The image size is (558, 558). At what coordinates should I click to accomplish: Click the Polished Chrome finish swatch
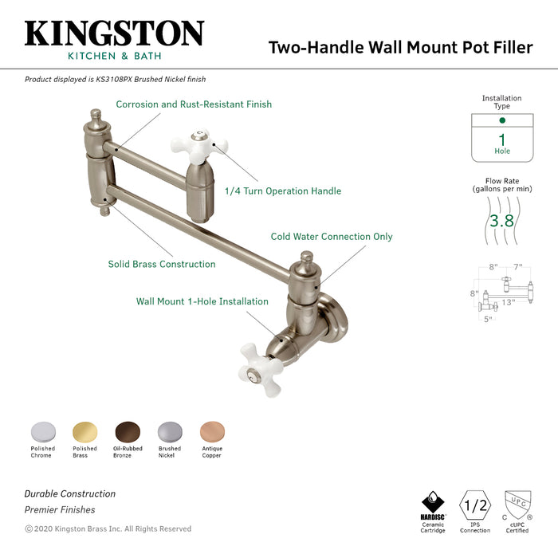(42, 431)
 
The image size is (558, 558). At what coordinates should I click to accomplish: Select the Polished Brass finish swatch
(84, 431)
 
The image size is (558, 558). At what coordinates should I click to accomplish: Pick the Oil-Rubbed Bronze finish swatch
(127, 431)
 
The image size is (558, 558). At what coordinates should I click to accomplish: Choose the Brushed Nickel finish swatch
(169, 431)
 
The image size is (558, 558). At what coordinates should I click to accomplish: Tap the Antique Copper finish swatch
(212, 431)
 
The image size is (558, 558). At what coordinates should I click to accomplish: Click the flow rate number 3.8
(501, 221)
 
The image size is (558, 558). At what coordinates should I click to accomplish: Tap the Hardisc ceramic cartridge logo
(433, 504)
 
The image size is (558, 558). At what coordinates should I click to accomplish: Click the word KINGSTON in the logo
(114, 33)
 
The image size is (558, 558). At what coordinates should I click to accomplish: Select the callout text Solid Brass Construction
(162, 264)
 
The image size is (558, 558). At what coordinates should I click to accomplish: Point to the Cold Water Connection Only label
(332, 237)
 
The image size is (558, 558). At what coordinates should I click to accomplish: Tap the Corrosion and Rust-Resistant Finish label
(194, 104)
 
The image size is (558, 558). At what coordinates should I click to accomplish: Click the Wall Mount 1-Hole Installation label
(202, 301)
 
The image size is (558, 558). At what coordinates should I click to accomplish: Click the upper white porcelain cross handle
(195, 144)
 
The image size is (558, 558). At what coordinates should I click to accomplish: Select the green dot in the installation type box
(502, 120)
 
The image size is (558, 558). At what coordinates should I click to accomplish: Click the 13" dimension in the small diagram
(508, 301)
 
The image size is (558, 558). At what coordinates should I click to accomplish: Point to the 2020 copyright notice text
(108, 529)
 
